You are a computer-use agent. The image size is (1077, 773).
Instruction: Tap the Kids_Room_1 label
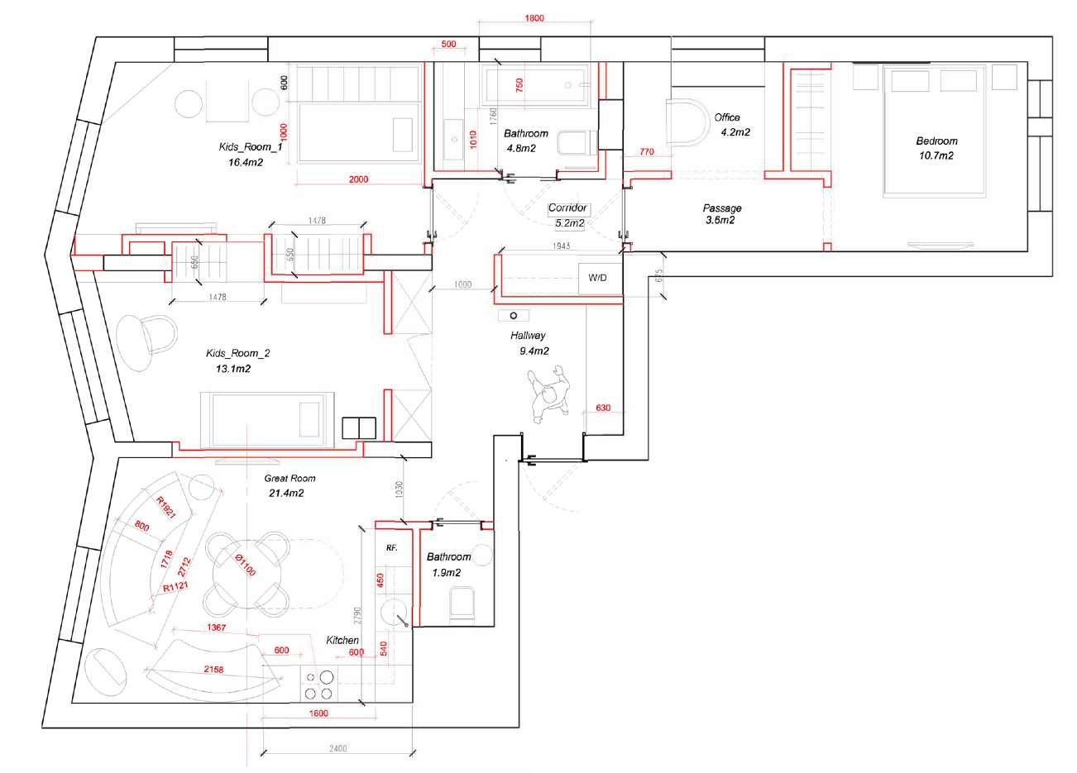(x=251, y=146)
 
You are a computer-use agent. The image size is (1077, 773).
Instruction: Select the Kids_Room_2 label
(x=238, y=353)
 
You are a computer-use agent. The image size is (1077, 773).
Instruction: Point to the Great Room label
(x=290, y=478)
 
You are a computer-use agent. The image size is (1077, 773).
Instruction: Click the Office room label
(x=727, y=117)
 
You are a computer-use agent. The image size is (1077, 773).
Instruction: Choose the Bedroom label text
(x=936, y=141)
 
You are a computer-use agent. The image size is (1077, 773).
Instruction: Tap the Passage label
(x=722, y=208)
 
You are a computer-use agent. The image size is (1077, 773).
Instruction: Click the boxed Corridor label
(x=567, y=208)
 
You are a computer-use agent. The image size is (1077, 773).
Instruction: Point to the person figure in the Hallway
(x=549, y=394)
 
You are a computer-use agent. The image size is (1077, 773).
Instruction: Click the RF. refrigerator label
(x=392, y=547)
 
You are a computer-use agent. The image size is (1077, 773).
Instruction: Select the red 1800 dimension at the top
(x=534, y=18)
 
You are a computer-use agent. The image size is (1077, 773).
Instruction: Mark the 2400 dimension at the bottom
(x=338, y=748)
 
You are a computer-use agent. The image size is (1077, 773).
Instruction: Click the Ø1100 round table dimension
(x=245, y=565)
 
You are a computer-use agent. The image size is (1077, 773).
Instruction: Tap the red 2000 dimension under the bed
(x=359, y=179)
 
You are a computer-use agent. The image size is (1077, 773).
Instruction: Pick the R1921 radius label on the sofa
(x=166, y=508)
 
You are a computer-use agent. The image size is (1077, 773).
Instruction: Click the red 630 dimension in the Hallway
(x=603, y=408)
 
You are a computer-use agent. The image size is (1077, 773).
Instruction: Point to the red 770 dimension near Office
(x=647, y=152)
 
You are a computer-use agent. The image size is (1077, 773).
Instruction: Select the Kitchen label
(x=342, y=640)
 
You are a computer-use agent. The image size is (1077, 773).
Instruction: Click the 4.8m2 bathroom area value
(x=521, y=149)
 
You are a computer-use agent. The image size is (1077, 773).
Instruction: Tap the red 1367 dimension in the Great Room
(x=217, y=627)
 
